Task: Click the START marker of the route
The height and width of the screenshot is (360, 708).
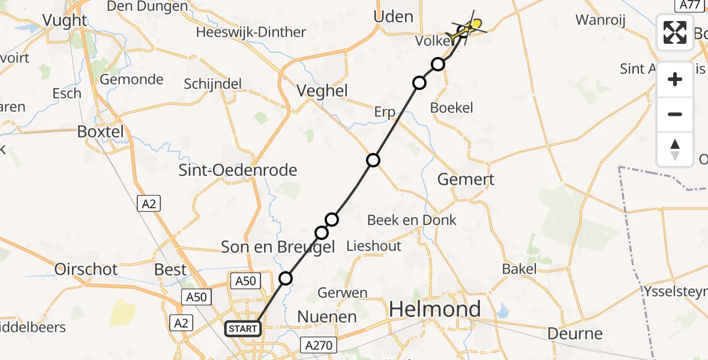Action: point(243,329)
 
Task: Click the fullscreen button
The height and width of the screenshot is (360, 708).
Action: point(675,32)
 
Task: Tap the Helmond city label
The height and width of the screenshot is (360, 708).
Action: point(435,309)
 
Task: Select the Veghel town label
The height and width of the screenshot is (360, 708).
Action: point(323,91)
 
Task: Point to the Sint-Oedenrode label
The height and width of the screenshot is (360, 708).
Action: point(238,170)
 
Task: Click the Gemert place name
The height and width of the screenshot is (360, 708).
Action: point(466,179)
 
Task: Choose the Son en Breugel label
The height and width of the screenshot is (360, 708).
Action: point(278,247)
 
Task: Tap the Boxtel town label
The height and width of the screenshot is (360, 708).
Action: point(100,131)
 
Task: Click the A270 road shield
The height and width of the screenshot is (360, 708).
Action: point(319,345)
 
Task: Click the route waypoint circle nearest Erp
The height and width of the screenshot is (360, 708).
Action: point(373,160)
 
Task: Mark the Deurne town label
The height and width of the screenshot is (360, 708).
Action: point(575,334)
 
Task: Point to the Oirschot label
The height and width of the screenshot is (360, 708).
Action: point(86,269)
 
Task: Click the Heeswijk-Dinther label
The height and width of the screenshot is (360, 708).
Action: point(251,32)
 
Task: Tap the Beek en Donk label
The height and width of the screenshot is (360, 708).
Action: point(412,220)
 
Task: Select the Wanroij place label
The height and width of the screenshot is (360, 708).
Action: point(600,20)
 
